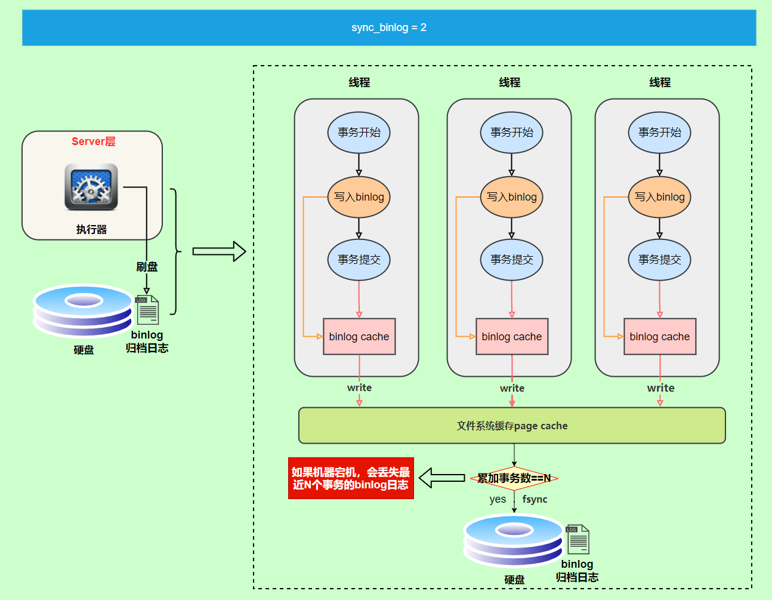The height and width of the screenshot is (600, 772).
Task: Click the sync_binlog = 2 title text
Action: click(388, 27)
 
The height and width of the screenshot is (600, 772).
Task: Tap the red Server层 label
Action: click(93, 141)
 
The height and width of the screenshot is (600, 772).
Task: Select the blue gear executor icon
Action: click(91, 187)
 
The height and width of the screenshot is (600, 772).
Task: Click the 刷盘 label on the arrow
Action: click(147, 267)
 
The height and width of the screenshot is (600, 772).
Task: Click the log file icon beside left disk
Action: click(147, 309)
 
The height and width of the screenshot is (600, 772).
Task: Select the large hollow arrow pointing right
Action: click(219, 251)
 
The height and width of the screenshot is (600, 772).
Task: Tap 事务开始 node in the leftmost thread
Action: click(359, 133)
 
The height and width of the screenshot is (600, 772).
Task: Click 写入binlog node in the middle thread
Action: click(511, 197)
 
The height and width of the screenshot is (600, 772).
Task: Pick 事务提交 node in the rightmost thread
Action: click(659, 260)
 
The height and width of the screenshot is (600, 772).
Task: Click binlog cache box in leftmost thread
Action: click(359, 337)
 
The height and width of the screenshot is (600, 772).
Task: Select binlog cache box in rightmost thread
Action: click(659, 337)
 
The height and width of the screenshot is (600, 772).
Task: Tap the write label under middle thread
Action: click(512, 388)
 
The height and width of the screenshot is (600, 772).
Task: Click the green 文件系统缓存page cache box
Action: click(512, 426)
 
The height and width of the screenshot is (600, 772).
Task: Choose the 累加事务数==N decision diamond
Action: click(514, 478)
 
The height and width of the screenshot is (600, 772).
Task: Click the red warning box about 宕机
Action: click(351, 478)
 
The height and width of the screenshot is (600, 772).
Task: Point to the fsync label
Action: click(535, 499)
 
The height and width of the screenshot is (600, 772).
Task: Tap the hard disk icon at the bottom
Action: click(514, 540)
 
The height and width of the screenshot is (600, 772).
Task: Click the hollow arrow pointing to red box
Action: click(441, 478)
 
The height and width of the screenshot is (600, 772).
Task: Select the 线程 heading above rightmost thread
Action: click(660, 82)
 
